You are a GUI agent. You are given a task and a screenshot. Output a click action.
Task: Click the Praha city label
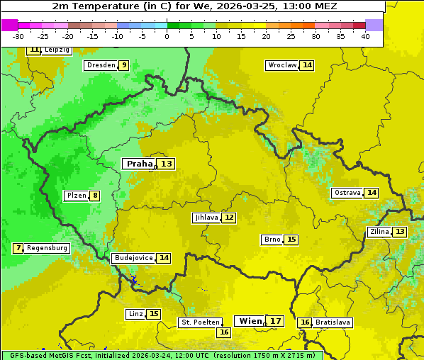(x=139, y=164)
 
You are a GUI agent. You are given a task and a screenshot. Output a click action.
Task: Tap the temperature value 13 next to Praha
(x=166, y=164)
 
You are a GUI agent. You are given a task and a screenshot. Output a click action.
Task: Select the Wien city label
(x=250, y=321)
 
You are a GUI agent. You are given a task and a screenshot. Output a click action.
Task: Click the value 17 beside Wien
(x=276, y=321)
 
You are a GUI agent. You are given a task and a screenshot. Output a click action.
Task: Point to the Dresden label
(x=100, y=65)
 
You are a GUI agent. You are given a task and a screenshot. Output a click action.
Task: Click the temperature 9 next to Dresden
(x=123, y=65)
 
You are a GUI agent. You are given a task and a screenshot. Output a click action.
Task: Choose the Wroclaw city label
(x=281, y=65)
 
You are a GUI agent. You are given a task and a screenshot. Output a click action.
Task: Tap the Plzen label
(x=76, y=196)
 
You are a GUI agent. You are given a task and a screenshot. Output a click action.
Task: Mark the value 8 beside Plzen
(x=94, y=196)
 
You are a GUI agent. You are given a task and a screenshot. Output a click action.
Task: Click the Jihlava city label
(x=206, y=218)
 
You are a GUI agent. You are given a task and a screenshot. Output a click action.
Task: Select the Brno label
(x=272, y=240)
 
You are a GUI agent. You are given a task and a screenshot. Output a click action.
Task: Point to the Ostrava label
(x=347, y=193)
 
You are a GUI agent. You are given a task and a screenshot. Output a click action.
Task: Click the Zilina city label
(x=379, y=232)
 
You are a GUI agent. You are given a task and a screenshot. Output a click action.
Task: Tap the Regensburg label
(x=47, y=248)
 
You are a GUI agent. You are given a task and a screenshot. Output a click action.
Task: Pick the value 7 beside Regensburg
(x=18, y=248)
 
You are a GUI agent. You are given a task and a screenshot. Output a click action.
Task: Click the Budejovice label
(x=133, y=258)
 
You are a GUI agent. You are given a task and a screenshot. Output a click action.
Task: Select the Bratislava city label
(x=333, y=322)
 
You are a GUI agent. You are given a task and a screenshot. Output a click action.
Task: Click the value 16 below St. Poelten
(x=224, y=332)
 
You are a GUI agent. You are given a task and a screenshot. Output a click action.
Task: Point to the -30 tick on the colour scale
(x=18, y=36)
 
